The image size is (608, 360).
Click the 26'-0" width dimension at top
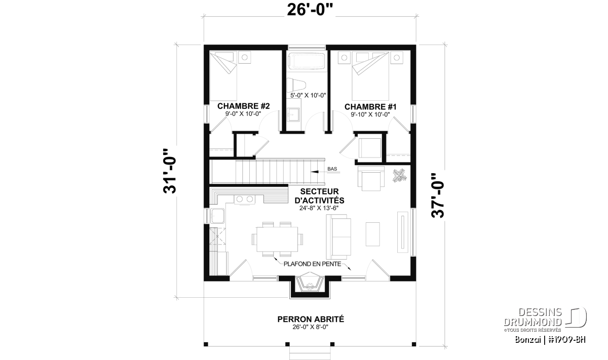tap(310, 11)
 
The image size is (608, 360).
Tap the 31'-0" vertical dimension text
tap(170, 171)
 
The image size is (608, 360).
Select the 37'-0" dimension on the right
tap(438, 195)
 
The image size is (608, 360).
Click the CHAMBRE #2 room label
tap(244, 106)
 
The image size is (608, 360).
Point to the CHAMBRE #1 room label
tap(370, 107)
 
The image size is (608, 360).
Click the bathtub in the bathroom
tap(306, 61)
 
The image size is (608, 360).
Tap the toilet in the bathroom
tap(296, 85)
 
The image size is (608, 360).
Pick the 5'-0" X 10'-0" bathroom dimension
tap(308, 95)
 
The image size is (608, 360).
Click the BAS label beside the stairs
tap(332, 169)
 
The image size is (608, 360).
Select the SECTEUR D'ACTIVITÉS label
tap(320, 196)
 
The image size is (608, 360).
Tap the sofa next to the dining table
tap(338, 237)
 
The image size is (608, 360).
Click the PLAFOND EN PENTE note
tap(313, 264)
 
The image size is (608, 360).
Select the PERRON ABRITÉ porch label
tap(311, 319)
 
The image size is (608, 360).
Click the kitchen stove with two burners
tap(245, 199)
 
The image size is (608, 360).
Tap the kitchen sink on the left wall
tap(217, 216)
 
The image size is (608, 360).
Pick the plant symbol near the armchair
tap(400, 176)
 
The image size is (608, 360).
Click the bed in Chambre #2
tap(223, 76)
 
